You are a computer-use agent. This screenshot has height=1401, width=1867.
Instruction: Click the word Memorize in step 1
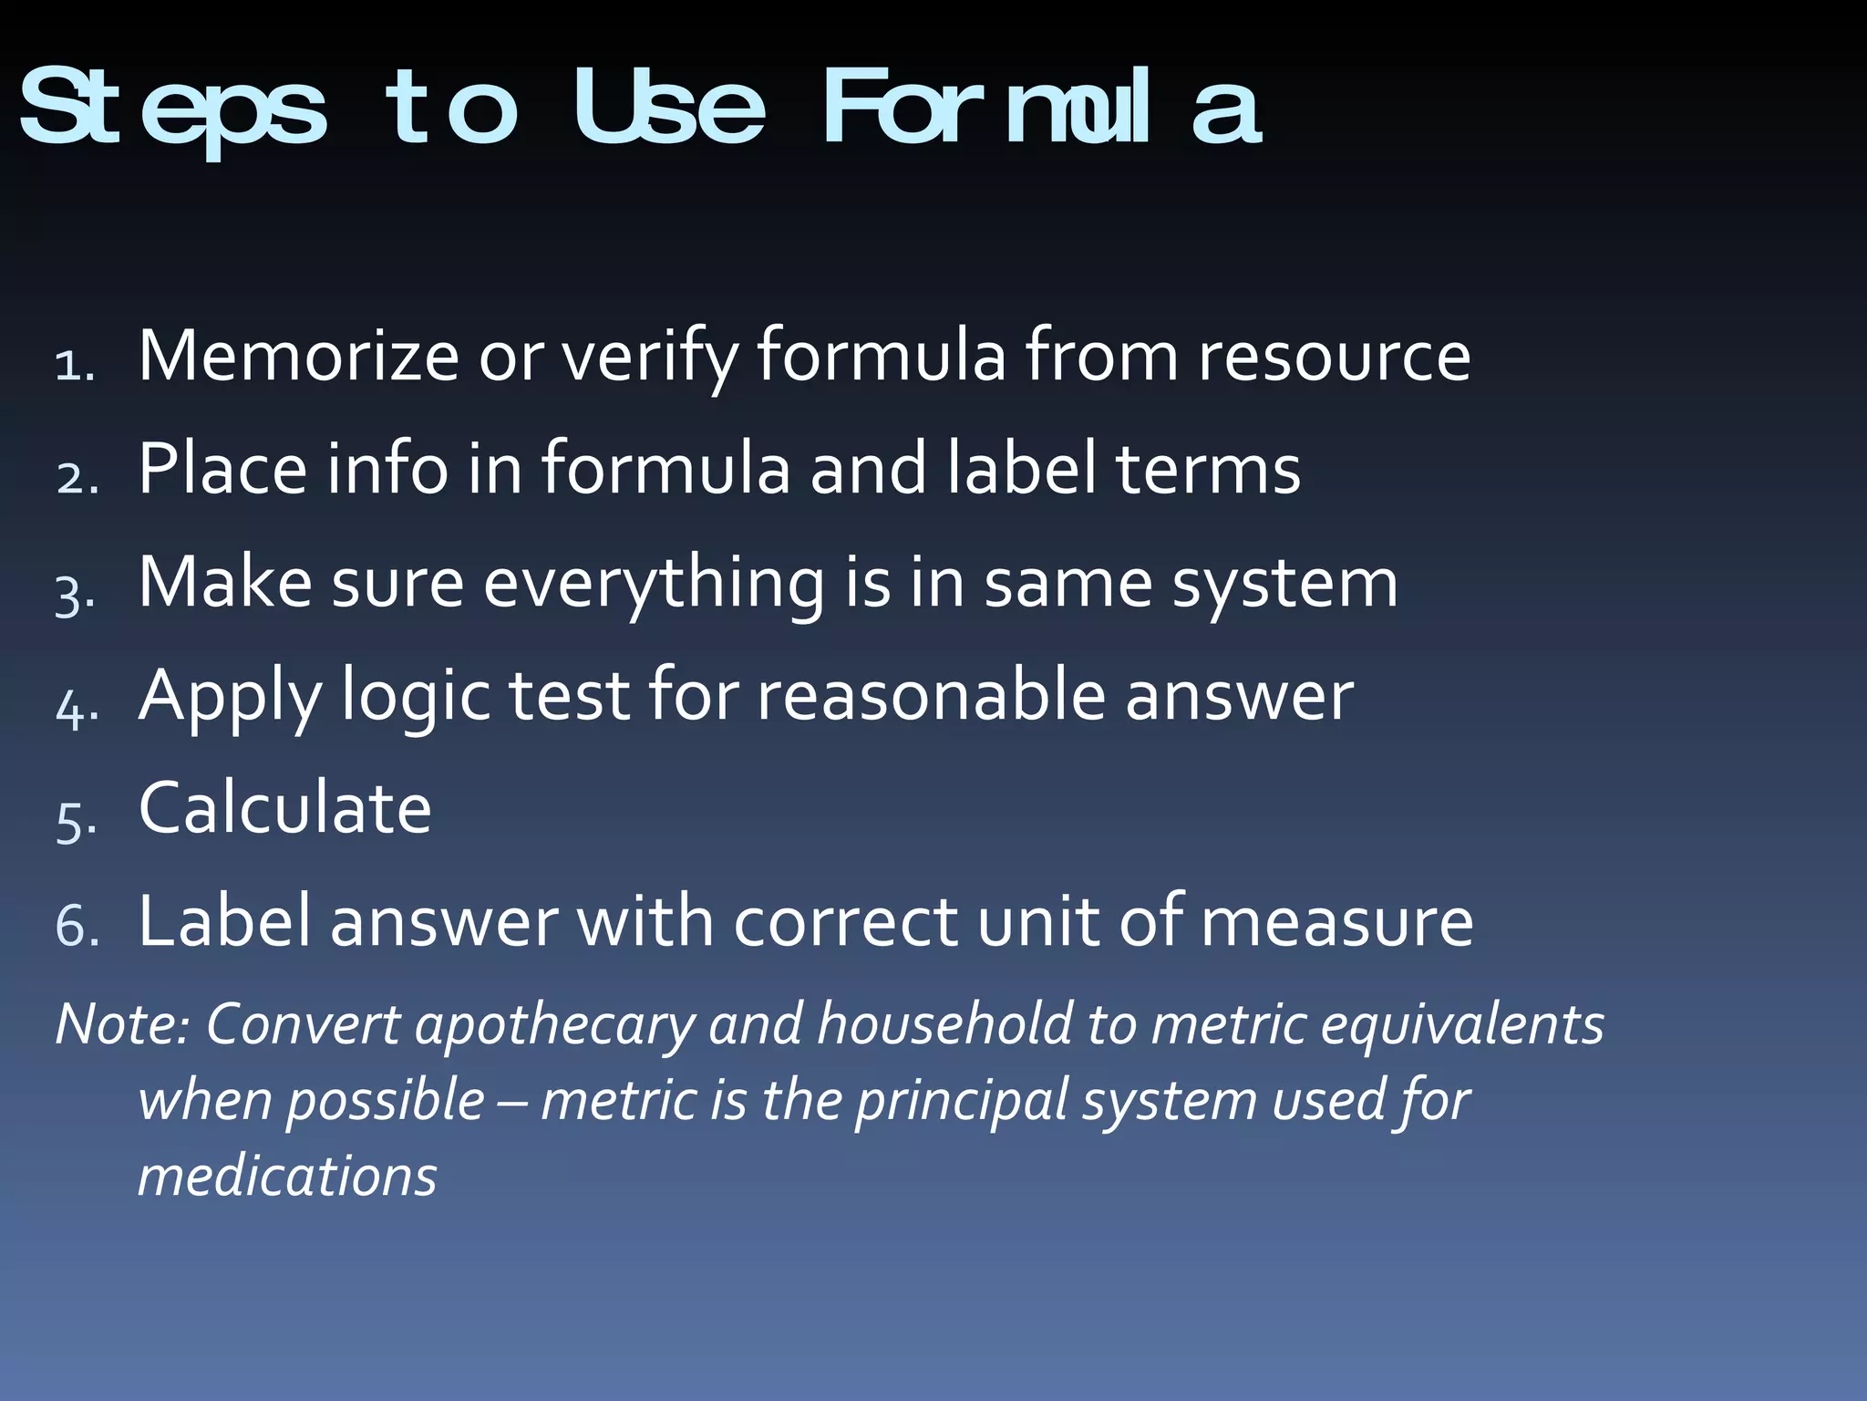point(298,356)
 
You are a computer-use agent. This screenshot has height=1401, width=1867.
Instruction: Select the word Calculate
point(284,808)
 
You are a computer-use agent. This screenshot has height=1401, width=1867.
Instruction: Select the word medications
point(287,1177)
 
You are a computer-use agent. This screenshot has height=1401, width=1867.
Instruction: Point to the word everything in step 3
point(654,584)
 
